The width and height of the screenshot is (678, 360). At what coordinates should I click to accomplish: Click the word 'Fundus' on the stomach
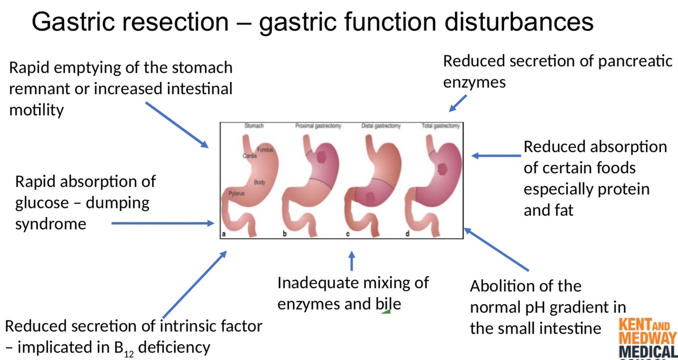(x=265, y=149)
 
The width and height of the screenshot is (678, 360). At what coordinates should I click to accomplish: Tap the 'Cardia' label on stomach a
(x=250, y=156)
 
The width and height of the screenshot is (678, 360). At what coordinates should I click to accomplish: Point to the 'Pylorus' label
(x=236, y=194)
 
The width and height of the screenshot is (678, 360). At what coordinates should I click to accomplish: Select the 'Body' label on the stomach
(x=259, y=182)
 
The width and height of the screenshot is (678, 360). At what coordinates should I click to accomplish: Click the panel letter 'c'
(x=348, y=234)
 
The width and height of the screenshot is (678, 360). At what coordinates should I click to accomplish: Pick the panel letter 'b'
(x=285, y=234)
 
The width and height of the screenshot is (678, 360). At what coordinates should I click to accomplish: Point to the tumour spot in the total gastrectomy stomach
(x=443, y=167)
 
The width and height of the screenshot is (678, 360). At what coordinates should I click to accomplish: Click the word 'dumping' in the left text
(x=117, y=203)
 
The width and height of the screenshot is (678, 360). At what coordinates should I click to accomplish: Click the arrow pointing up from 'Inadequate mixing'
(x=351, y=261)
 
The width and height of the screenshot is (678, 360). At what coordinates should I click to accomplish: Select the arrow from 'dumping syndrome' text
(x=163, y=223)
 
